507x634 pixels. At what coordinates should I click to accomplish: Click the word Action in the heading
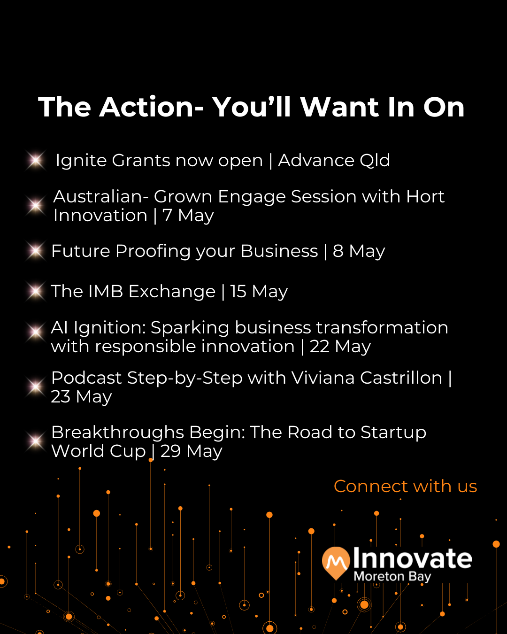click(x=152, y=107)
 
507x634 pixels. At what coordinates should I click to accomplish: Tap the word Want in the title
click(x=340, y=107)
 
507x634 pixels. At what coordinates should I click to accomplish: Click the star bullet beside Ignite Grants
click(x=36, y=161)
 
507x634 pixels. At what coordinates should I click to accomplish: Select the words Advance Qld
click(x=334, y=161)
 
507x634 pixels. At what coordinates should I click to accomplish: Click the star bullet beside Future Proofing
click(x=36, y=251)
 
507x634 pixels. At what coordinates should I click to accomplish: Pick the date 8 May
click(x=359, y=251)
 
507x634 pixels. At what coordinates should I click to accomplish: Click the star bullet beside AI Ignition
click(x=36, y=332)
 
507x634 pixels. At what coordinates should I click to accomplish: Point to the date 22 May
click(x=340, y=347)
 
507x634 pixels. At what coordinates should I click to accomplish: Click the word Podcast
click(x=86, y=378)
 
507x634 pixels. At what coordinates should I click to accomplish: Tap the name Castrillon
click(x=401, y=378)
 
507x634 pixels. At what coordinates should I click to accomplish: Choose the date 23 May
click(x=81, y=396)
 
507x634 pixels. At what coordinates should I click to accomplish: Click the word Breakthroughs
click(x=118, y=433)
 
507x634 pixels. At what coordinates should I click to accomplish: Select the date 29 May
click(x=192, y=451)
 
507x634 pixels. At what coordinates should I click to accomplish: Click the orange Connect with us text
click(x=405, y=486)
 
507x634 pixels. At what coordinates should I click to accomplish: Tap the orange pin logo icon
click(x=336, y=563)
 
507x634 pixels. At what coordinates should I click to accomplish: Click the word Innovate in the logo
click(x=413, y=558)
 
